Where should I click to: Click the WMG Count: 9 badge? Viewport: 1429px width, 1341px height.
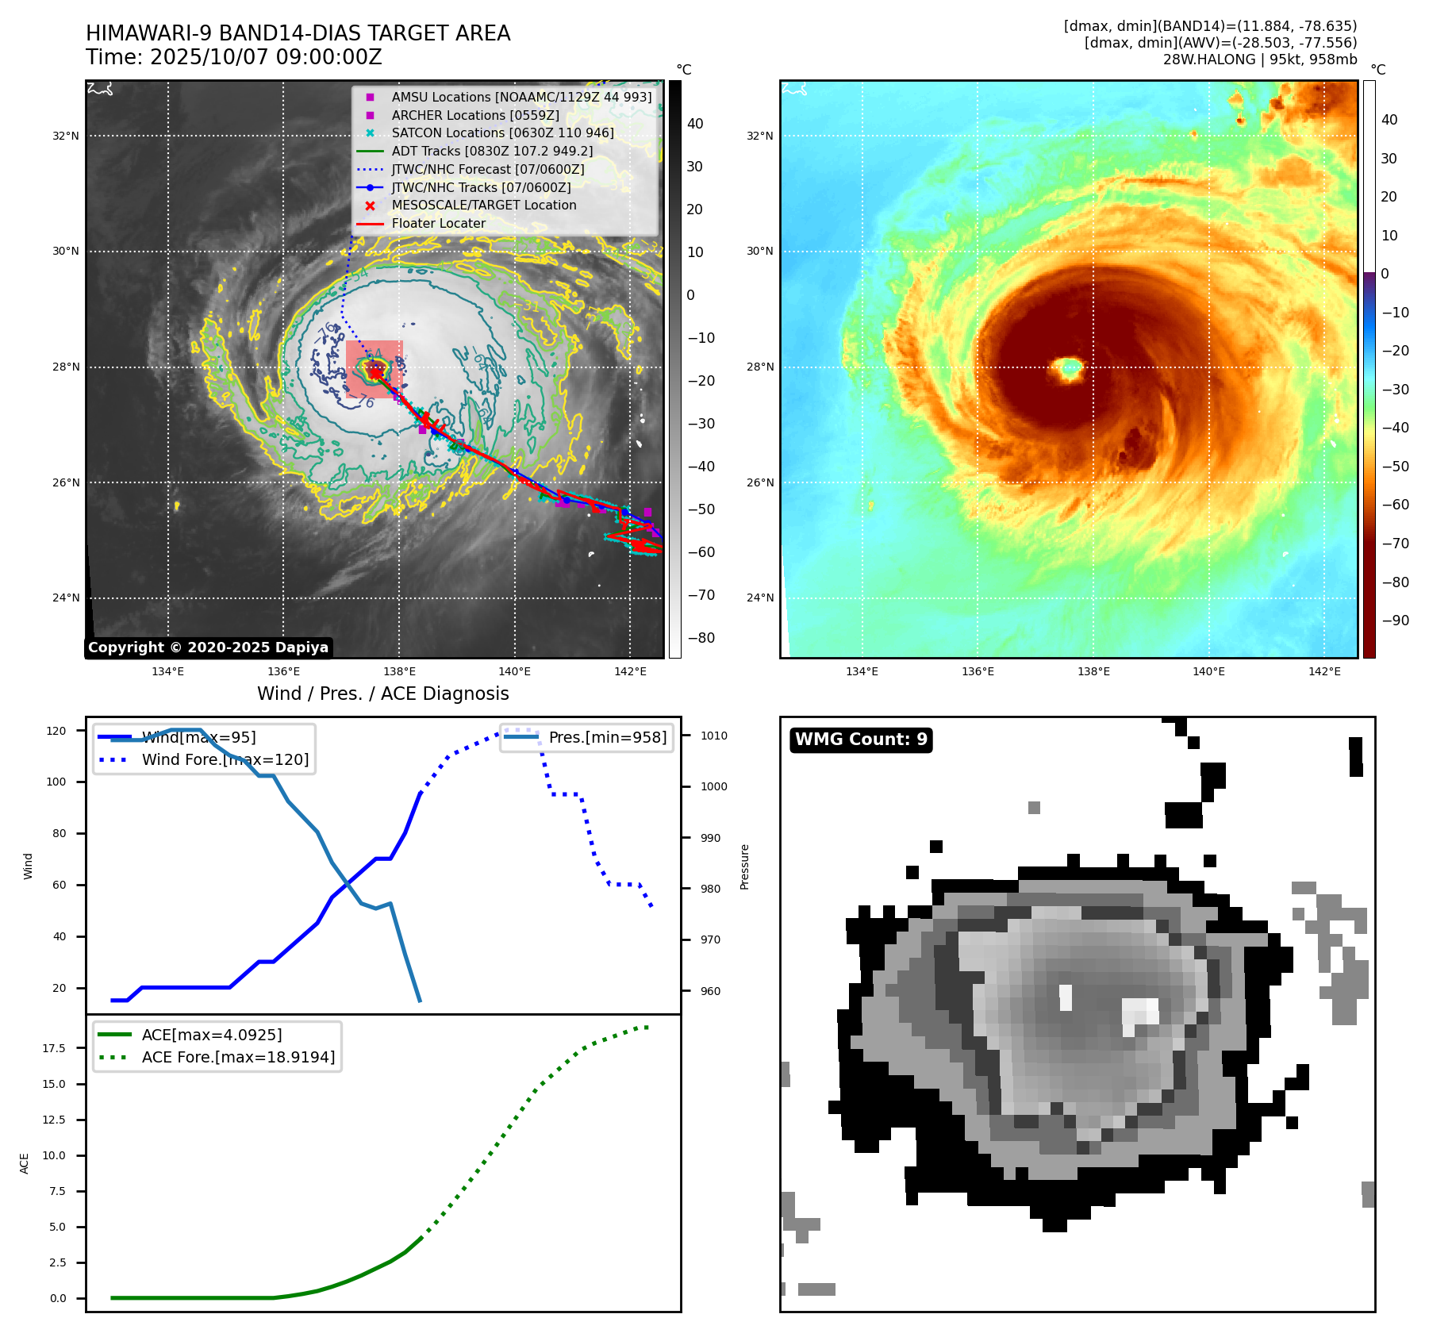pyautogui.click(x=861, y=740)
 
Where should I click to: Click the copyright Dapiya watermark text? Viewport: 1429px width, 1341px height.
pyautogui.click(x=208, y=647)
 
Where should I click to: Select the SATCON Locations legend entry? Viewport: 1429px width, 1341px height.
pyautogui.click(x=502, y=133)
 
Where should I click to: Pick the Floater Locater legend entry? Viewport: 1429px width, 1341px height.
pyautogui.click(x=438, y=223)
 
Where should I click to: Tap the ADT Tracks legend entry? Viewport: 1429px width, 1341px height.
pyautogui.click(x=492, y=151)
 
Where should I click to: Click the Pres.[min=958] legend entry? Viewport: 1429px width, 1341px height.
pyautogui.click(x=607, y=737)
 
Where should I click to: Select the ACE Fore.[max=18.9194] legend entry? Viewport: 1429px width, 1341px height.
pyautogui.click(x=238, y=1057)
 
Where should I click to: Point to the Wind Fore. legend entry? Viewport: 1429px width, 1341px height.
pyautogui.click(x=225, y=759)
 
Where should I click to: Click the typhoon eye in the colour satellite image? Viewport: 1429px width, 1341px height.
pyautogui.click(x=1069, y=367)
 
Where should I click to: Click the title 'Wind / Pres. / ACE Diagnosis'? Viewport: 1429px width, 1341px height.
pyautogui.click(x=383, y=694)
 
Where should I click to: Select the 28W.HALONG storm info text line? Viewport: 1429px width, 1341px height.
pyautogui.click(x=1260, y=60)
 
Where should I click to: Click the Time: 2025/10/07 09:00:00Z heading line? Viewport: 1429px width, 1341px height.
pyautogui.click(x=234, y=57)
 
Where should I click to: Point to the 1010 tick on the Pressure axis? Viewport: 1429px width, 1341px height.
pyautogui.click(x=713, y=736)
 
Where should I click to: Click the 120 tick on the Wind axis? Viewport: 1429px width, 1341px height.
pyautogui.click(x=56, y=731)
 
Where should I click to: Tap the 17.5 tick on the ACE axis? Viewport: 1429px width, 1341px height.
pyautogui.click(x=54, y=1048)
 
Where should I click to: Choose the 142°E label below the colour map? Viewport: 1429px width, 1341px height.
pyautogui.click(x=1324, y=671)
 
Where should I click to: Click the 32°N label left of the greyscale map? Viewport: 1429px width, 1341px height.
pyautogui.click(x=66, y=136)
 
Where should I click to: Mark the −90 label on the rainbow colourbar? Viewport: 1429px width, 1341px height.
pyautogui.click(x=1396, y=621)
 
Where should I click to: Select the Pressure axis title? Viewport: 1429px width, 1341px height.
pyautogui.click(x=744, y=866)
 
